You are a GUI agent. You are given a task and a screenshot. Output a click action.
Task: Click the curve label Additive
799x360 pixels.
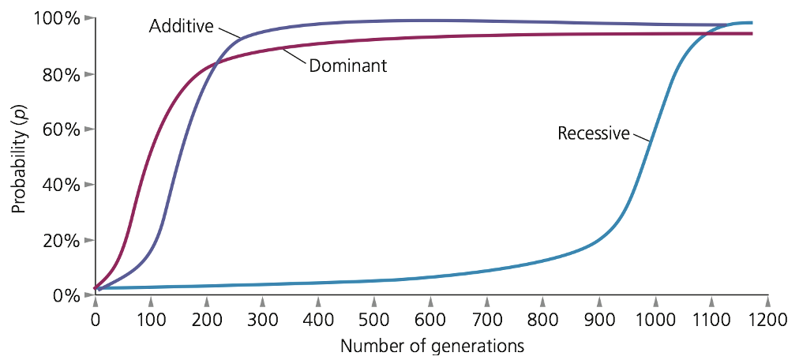tap(181, 26)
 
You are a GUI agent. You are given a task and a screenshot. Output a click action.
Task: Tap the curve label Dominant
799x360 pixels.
tap(347, 66)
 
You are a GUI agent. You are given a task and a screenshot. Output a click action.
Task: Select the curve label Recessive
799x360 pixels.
tap(593, 133)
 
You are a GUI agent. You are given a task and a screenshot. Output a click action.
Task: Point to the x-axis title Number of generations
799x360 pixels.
tap(432, 346)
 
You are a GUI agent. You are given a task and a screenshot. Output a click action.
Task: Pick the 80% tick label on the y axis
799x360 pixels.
tap(58, 74)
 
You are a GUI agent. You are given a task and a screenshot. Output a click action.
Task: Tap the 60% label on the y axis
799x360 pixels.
tap(58, 129)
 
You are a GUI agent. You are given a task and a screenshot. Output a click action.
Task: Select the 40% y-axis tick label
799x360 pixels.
tap(58, 185)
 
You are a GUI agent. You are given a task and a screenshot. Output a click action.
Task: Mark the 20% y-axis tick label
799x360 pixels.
tap(58, 240)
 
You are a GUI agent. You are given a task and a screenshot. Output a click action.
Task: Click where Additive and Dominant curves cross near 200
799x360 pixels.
tap(215, 62)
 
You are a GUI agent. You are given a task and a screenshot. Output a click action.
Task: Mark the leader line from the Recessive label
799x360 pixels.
tap(640, 137)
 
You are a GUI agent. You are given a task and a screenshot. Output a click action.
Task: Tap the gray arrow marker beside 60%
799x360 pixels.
tap(88, 129)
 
